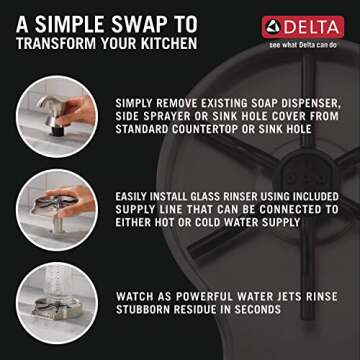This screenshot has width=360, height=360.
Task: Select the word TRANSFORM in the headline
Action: click(51, 43)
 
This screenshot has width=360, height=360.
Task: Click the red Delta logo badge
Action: click(302, 26)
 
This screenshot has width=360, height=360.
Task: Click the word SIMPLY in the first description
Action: click(136, 103)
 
